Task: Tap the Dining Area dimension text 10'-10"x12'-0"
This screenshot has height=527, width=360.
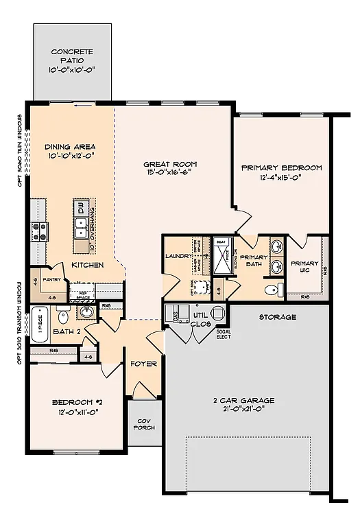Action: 70,157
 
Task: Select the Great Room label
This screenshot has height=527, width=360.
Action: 170,164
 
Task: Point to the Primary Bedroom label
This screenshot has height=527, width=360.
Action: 282,167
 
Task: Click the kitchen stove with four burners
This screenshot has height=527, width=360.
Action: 36,231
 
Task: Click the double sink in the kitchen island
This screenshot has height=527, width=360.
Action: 81,224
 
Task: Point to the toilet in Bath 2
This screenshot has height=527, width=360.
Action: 62,317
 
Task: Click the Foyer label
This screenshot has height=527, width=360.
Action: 144,364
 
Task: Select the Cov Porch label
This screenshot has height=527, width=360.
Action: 145,423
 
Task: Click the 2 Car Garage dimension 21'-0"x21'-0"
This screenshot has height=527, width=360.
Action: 243,409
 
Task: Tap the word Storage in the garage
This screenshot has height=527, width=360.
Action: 278,317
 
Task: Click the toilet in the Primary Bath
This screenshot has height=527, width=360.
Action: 274,288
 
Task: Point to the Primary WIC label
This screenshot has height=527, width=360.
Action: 304,266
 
